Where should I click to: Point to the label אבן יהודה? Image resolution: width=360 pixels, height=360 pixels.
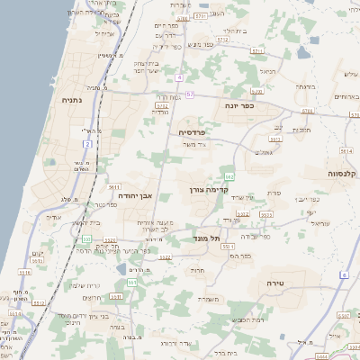tap(141, 196)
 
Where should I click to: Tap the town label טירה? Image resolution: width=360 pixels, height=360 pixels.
tap(276, 283)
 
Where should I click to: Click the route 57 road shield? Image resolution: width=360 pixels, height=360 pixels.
tap(190, 94)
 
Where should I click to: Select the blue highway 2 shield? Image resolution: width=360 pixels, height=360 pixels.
tap(87, 143)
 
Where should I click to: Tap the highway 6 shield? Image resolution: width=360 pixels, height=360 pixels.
tap(344, 274)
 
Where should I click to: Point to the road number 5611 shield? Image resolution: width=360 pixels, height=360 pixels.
tap(114, 186)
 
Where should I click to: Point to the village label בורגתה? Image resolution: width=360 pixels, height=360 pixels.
tap(305, 86)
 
